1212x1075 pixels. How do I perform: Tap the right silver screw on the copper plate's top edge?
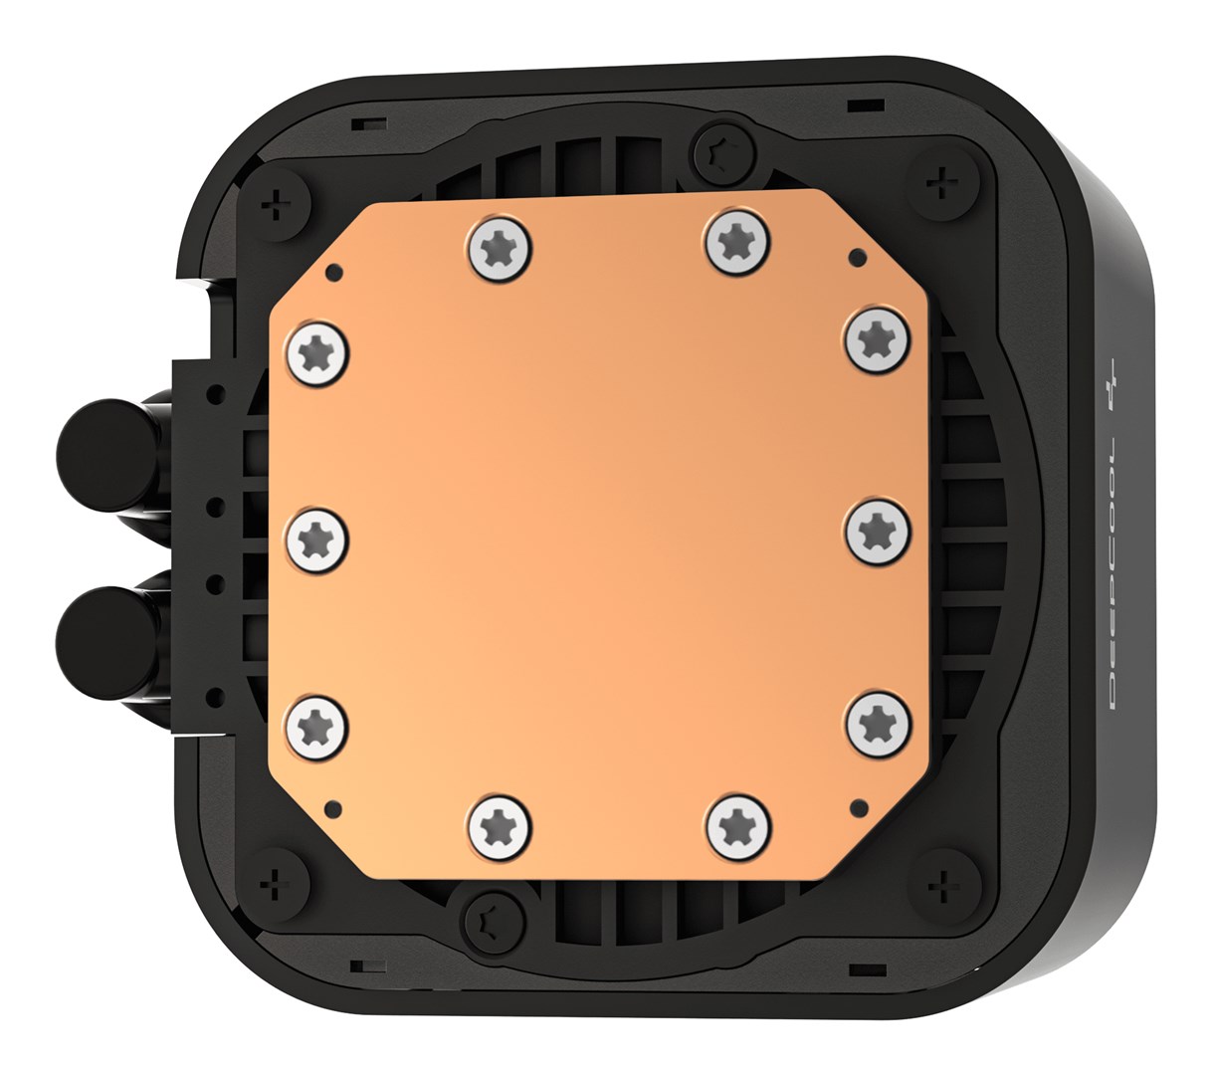click(x=737, y=242)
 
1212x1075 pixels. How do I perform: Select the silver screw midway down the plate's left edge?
click(x=318, y=535)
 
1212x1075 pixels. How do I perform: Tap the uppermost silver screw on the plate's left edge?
click(x=318, y=350)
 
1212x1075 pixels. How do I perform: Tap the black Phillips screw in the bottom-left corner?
click(x=270, y=882)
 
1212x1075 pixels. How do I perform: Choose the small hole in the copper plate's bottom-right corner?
click(x=854, y=803)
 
